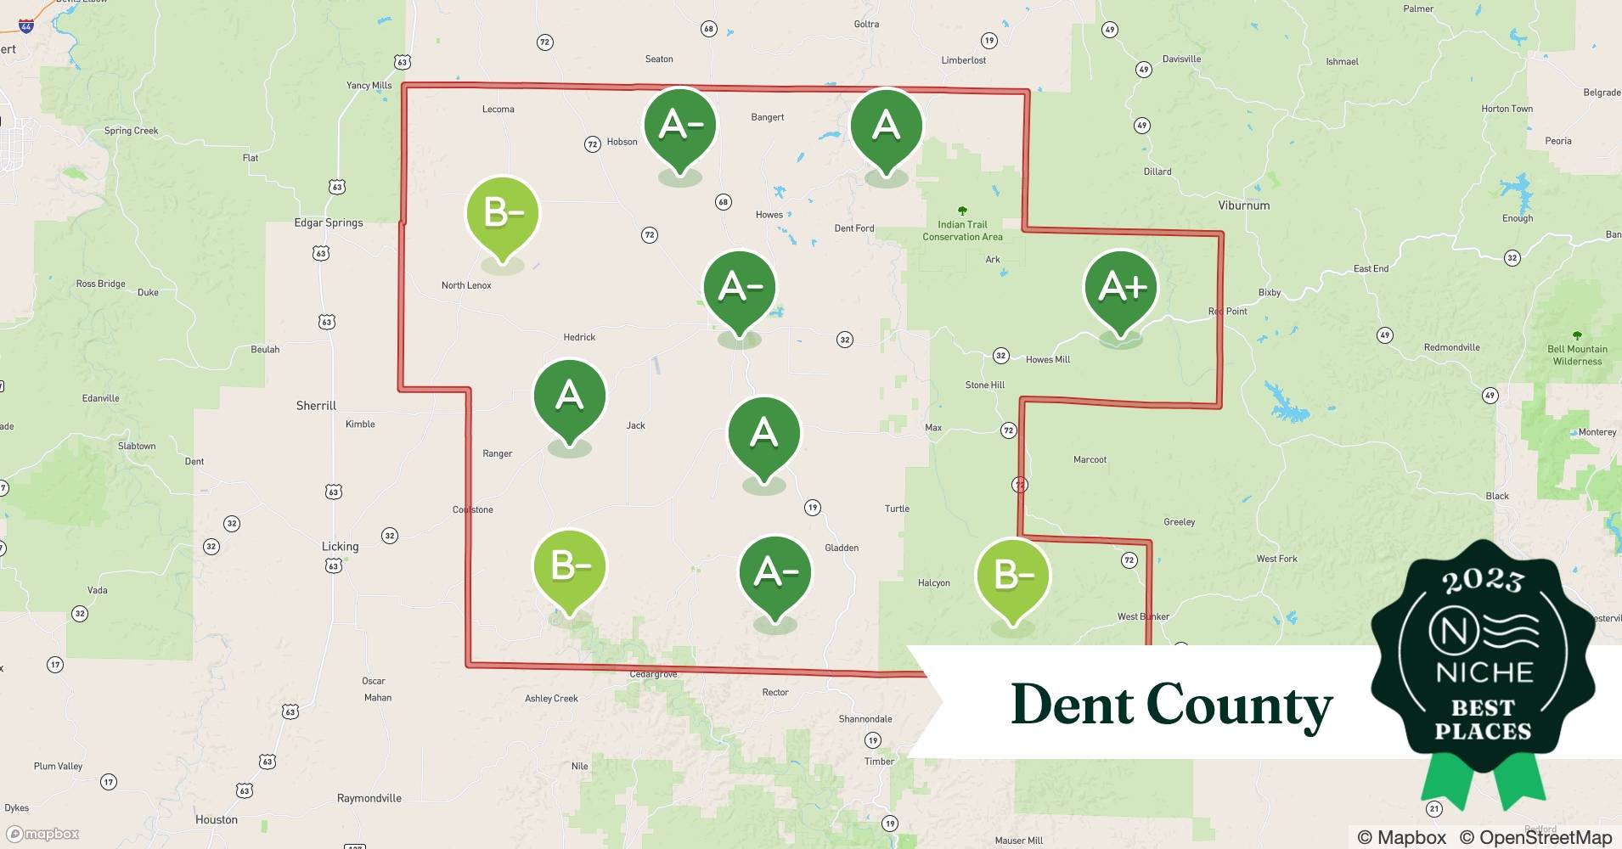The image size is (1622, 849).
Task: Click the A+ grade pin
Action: (x=1121, y=289)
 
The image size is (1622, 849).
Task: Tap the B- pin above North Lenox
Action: (x=503, y=214)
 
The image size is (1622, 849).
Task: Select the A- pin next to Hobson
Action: (x=679, y=126)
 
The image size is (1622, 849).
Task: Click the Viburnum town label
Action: (x=1243, y=205)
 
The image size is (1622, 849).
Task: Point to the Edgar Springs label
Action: (x=329, y=222)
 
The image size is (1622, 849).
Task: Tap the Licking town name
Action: (x=340, y=547)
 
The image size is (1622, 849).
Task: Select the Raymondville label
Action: (x=369, y=798)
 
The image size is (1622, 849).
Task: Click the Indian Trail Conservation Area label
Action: (x=962, y=230)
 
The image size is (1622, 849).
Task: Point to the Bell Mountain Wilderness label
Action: (x=1577, y=354)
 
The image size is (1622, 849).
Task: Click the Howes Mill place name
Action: (x=1047, y=360)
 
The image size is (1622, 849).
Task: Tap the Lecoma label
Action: (x=498, y=110)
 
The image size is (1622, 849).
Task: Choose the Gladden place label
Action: (x=841, y=548)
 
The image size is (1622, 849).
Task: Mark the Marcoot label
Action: (x=1090, y=460)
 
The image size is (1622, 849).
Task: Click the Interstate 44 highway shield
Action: (x=26, y=26)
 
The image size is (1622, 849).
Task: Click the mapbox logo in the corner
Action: (x=43, y=834)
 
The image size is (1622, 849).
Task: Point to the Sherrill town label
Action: (x=316, y=406)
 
